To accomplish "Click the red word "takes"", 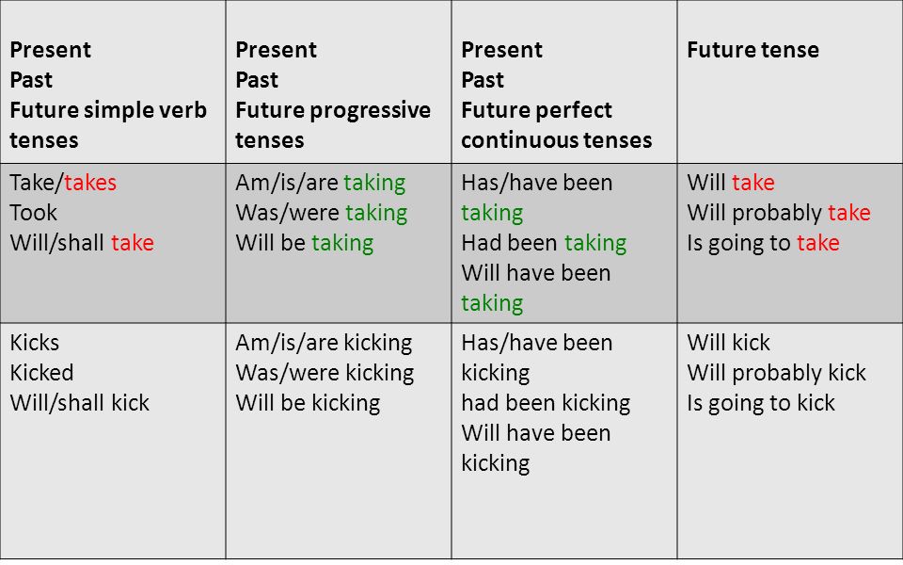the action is click(x=90, y=183).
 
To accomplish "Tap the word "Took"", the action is click(x=34, y=213).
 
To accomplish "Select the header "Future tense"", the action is click(x=752, y=50).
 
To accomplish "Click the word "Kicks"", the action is click(x=35, y=343).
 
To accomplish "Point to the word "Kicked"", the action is click(x=41, y=373).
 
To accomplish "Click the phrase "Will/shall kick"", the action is click(x=79, y=402).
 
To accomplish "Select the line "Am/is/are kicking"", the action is click(x=324, y=343).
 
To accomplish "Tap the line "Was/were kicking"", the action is click(x=325, y=373).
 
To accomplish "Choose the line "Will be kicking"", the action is click(x=309, y=403).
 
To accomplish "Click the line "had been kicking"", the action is click(x=546, y=403).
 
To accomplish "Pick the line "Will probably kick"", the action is click(x=776, y=373).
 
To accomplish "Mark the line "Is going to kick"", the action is click(x=761, y=403).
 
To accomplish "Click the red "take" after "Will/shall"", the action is click(x=133, y=243).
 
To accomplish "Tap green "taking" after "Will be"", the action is click(x=342, y=243).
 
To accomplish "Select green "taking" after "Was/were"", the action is click(x=376, y=214).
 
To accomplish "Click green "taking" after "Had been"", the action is click(x=595, y=243).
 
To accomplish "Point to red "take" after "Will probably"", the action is click(x=849, y=213).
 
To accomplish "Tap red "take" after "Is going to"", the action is click(x=818, y=243).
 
